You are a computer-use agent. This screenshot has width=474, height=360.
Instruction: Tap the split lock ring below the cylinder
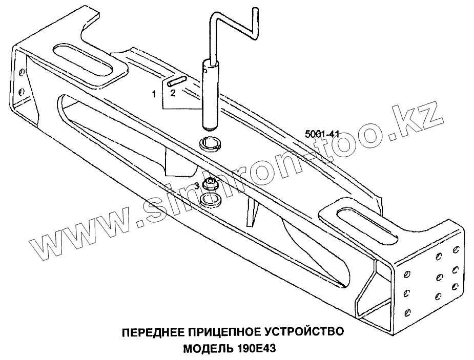click(x=211, y=144)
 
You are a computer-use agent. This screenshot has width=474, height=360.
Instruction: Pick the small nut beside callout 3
click(x=209, y=183)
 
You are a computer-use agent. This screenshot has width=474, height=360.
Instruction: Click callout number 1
click(x=153, y=94)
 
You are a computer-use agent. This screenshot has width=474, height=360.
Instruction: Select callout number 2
click(x=173, y=93)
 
